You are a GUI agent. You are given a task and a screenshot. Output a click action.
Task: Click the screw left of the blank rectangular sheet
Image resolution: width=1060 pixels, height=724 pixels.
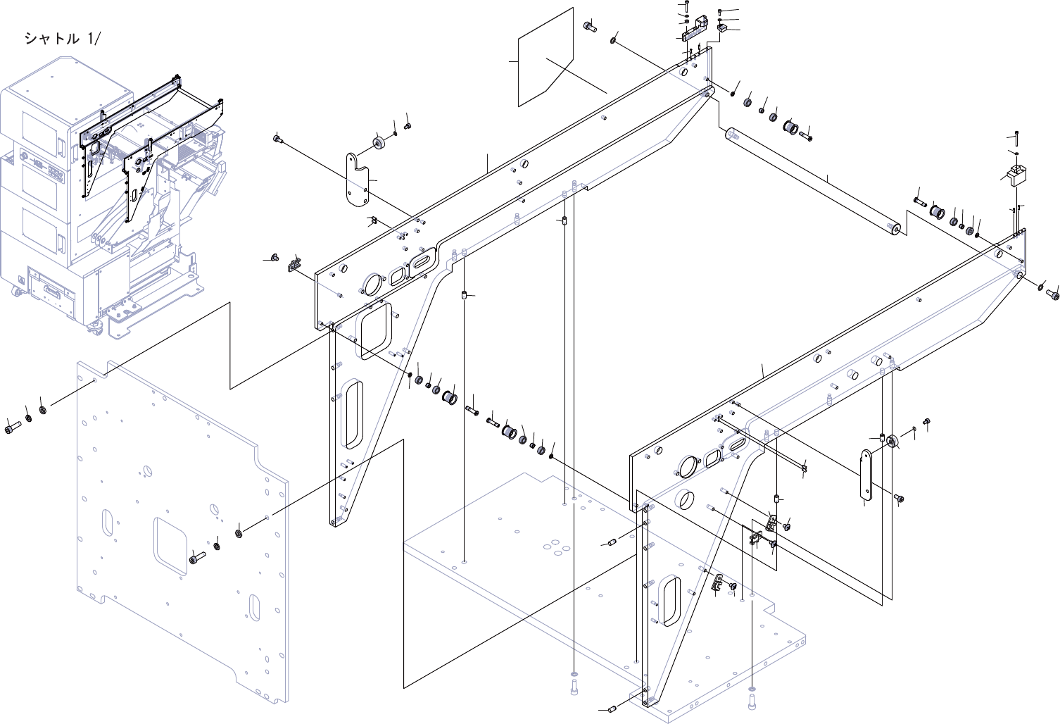tap(590, 27)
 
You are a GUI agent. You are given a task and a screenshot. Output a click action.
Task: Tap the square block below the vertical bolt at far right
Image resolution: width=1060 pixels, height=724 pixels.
tap(1016, 173)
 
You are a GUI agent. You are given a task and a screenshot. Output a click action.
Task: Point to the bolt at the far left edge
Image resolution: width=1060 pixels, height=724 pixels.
tap(11, 427)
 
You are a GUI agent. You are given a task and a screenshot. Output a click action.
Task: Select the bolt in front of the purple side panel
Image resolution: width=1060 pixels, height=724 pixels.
tap(196, 560)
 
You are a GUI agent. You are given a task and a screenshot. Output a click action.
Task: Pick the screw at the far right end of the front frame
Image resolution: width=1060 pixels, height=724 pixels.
tap(1054, 295)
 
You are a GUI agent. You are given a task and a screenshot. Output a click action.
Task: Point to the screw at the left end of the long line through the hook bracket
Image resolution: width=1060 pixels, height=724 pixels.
tap(277, 139)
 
